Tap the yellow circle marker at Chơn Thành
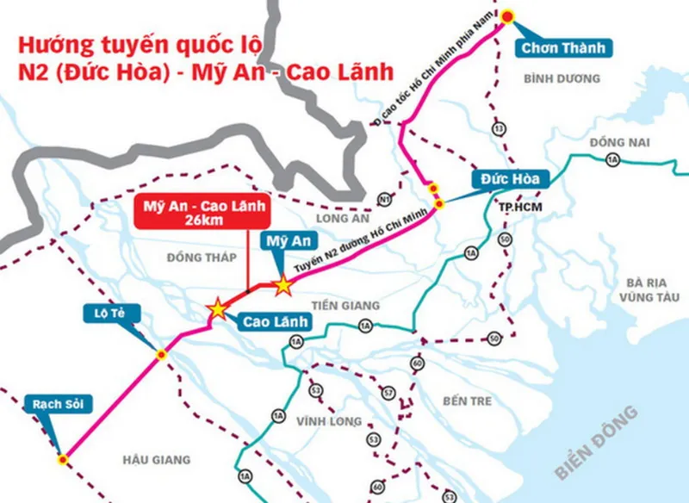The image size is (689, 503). tap(508, 16)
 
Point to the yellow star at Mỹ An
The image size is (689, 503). tap(282, 286)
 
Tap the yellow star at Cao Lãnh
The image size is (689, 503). tap(217, 307)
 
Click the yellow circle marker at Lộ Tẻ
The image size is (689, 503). tap(161, 354)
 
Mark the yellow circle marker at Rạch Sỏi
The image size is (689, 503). tap(63, 459)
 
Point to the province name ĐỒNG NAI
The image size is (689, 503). tap(620, 142)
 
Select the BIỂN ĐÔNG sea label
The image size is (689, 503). tap(597, 443)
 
